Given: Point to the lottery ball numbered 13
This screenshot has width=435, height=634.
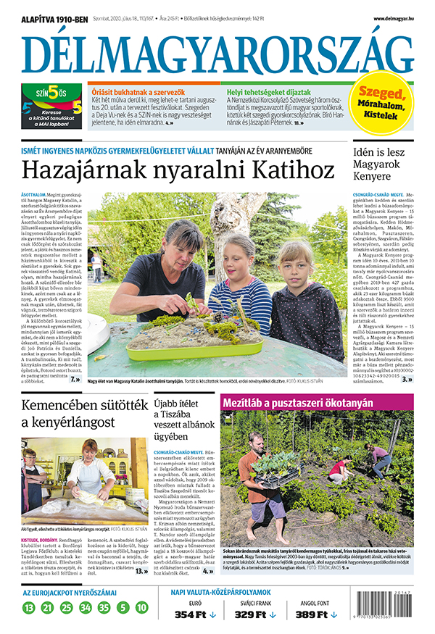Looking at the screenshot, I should pos(28,607).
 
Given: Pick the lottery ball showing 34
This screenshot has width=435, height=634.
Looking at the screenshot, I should pos(85,607).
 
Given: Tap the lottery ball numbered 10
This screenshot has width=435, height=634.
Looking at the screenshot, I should pos(141,607).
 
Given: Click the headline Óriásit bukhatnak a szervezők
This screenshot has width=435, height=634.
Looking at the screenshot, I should pos(138,92).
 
